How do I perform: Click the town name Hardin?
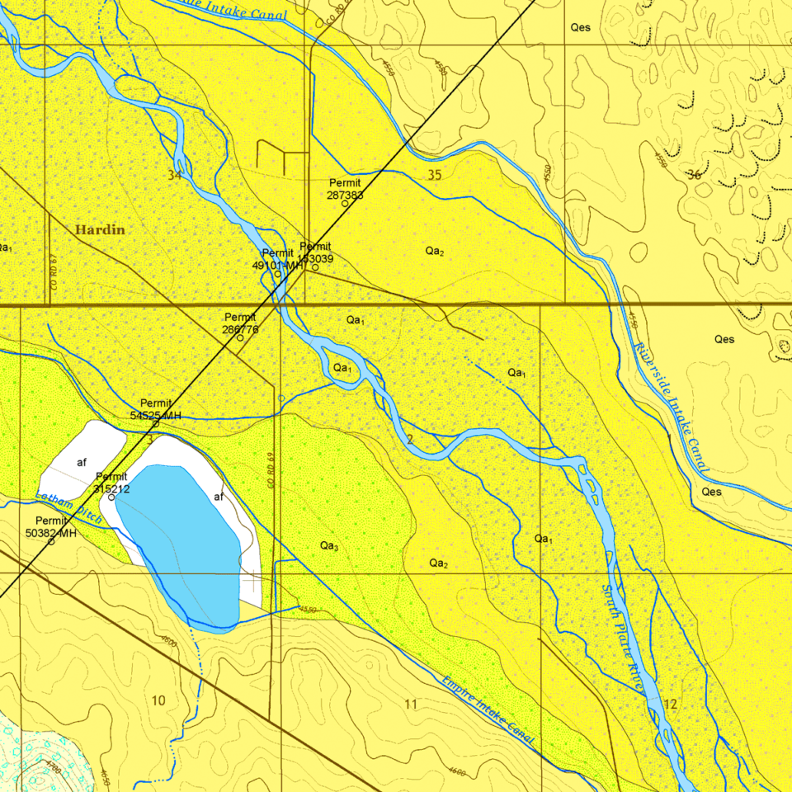point(100,230)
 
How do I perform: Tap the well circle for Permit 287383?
point(345,204)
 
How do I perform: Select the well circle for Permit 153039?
point(315,266)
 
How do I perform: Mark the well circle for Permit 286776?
point(240,337)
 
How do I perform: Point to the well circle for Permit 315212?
point(111,497)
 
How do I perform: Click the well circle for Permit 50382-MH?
point(51,541)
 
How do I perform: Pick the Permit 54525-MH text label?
point(155,409)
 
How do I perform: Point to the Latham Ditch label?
point(69,508)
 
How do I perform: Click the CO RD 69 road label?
point(271,469)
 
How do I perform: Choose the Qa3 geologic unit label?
point(328,546)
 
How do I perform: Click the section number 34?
point(174,175)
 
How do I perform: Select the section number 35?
point(435,175)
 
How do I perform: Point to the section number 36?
point(693,175)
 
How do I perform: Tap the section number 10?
point(158,700)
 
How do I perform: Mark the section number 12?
point(669,704)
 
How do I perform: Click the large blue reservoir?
point(181,540)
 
